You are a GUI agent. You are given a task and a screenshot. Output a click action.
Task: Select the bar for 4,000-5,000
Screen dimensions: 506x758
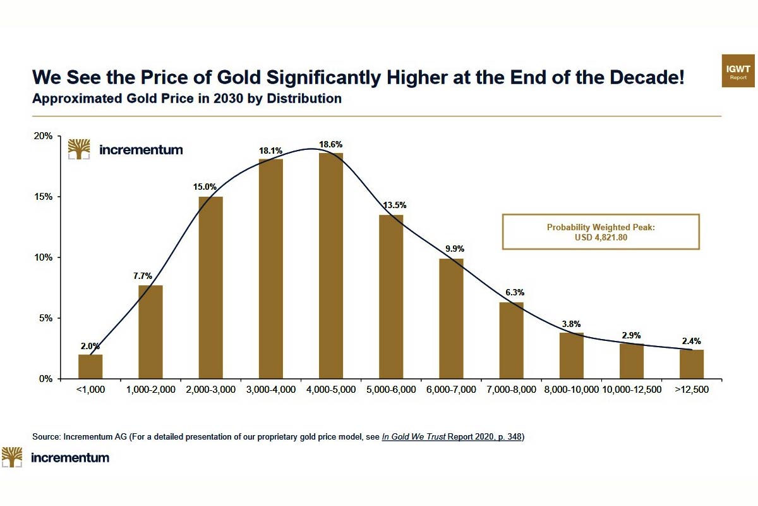[x=331, y=266]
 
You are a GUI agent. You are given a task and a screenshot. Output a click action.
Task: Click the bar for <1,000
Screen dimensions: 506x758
[x=90, y=366]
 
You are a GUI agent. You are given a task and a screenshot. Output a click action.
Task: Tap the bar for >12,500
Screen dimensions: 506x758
[x=692, y=364]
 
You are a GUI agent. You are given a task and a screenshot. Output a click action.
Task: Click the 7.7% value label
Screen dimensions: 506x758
[x=150, y=276]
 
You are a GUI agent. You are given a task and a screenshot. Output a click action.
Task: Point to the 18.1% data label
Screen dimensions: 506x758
[x=270, y=151]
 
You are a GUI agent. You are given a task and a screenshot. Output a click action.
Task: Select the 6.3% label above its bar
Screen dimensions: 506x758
[x=512, y=293]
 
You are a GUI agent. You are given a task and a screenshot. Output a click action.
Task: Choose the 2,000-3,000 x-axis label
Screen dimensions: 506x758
[x=210, y=390]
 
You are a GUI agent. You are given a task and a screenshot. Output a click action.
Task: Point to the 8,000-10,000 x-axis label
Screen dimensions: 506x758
[x=572, y=390]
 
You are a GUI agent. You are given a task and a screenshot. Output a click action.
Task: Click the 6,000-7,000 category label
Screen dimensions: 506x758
[x=451, y=390]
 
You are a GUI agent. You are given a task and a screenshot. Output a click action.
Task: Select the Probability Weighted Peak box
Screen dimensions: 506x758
[x=601, y=231]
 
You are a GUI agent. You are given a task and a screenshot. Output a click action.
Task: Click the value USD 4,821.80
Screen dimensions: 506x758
[x=601, y=237]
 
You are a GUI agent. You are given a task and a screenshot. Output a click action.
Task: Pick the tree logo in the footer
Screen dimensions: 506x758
[x=12, y=457]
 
